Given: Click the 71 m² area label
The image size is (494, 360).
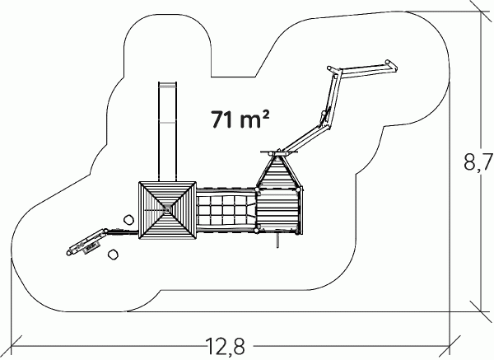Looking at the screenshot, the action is [240, 119].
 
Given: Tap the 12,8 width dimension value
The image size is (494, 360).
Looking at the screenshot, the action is [225, 346].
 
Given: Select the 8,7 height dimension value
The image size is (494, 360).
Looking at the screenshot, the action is [478, 161].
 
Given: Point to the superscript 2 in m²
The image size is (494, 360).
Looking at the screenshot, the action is [265, 115].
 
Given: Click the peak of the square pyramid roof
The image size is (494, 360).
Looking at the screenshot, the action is [167, 209].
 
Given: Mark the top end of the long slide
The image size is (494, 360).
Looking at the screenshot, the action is [167, 83].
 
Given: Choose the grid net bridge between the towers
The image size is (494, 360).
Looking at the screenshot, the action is [226, 210].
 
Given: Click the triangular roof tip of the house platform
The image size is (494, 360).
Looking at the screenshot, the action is [277, 155].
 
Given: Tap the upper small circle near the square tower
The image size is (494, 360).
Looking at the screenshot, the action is [128, 220].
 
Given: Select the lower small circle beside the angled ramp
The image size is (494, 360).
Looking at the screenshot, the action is [113, 255].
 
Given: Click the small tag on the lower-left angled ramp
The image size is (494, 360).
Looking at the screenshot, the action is [91, 246].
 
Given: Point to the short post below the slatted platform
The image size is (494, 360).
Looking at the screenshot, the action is [277, 241].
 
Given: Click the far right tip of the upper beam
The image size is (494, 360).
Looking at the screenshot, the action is [396, 68].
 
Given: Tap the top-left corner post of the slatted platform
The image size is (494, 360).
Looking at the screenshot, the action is [258, 189].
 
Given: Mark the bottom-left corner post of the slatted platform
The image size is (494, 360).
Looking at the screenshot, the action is [257, 231].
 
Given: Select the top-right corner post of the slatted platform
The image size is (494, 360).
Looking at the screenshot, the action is [298, 189].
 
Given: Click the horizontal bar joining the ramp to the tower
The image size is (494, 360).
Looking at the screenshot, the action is [123, 232].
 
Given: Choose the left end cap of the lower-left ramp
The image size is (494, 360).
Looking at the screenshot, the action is [68, 252].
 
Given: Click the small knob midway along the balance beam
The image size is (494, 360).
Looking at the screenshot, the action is [324, 114].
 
